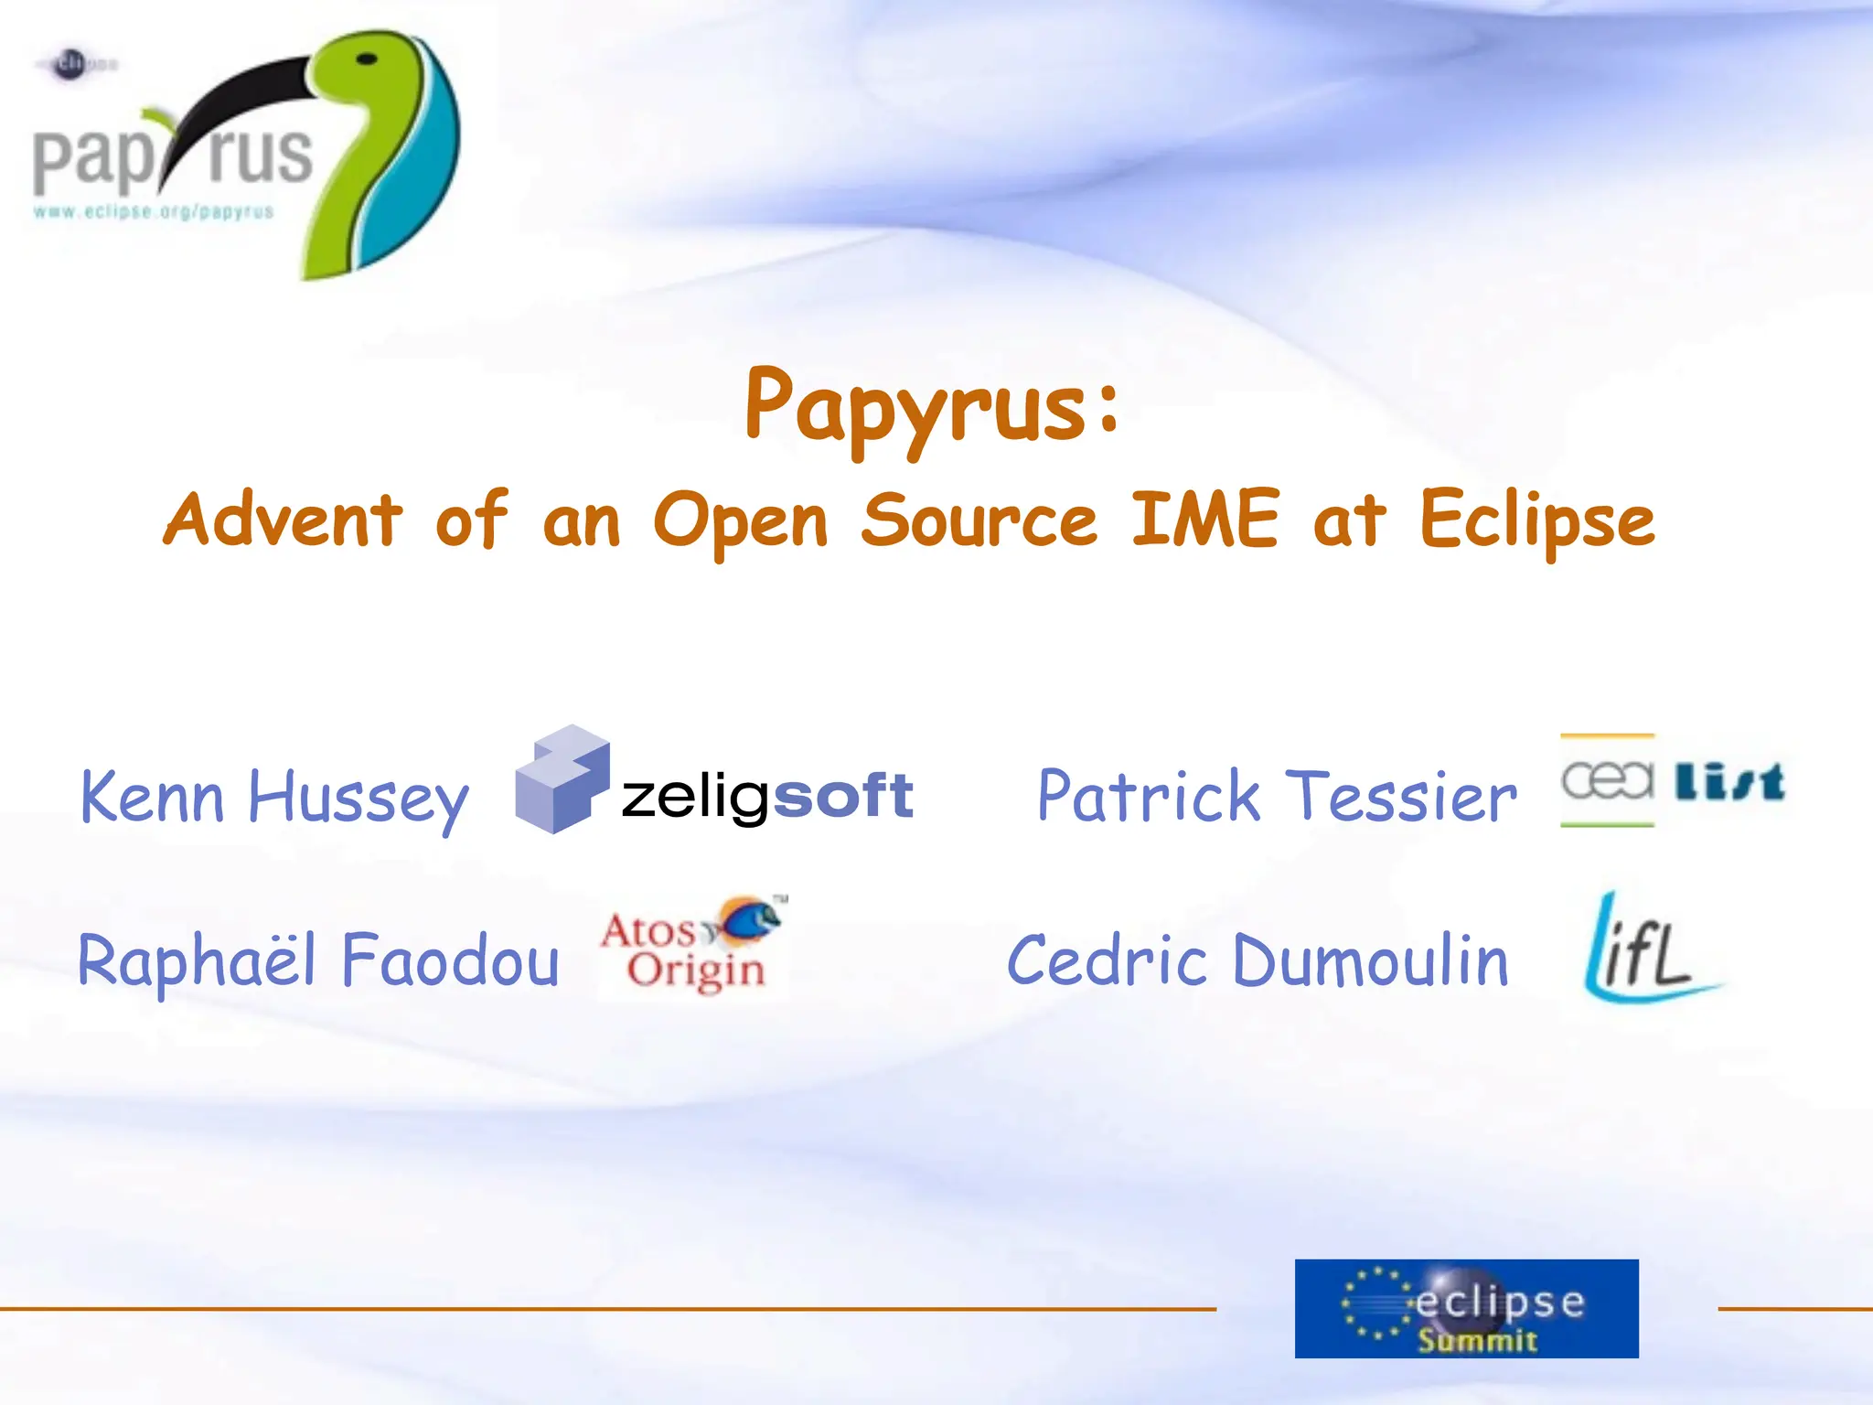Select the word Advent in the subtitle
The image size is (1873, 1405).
tap(283, 519)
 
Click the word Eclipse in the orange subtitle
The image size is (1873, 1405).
tap(1536, 521)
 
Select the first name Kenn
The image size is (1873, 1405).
tap(152, 797)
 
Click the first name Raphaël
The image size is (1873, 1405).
tap(197, 960)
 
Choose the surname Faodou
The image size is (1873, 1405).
tap(450, 960)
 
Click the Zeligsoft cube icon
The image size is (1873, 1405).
tap(562, 779)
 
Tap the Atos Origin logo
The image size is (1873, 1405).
tap(693, 948)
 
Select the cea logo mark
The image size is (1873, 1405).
tap(1607, 780)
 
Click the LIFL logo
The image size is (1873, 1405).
tap(1646, 949)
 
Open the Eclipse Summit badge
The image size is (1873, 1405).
tap(1466, 1308)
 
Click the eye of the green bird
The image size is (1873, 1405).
tap(367, 59)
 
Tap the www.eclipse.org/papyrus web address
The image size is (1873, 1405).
tap(154, 212)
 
